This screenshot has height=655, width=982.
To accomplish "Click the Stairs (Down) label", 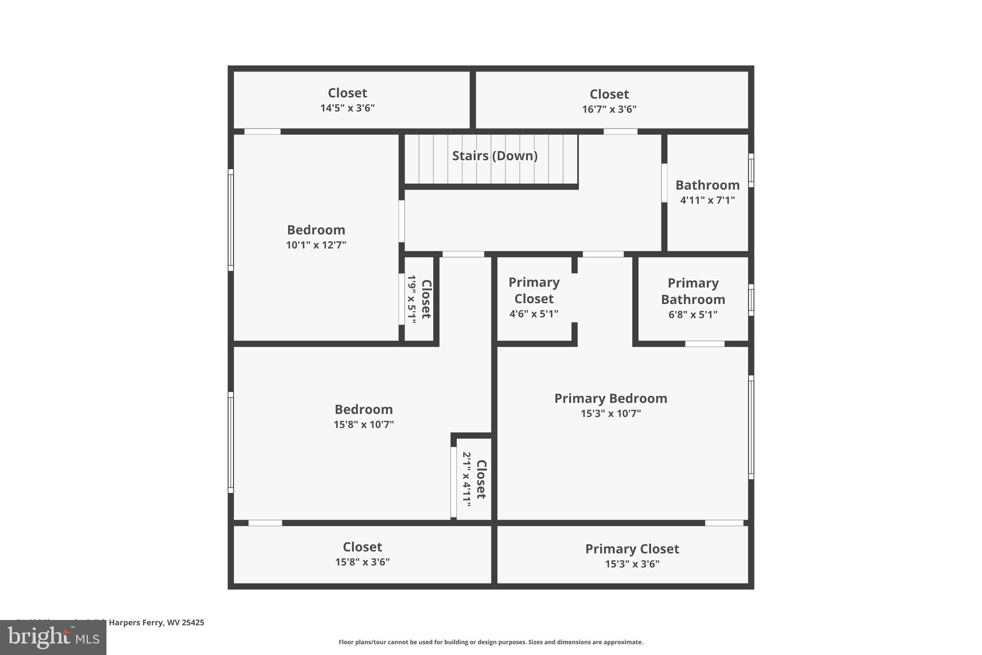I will [494, 156].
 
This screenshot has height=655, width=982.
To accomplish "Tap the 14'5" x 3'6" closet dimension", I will [347, 108].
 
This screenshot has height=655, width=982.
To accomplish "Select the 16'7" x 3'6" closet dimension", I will [609, 109].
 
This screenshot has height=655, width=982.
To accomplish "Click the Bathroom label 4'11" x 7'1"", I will [707, 192].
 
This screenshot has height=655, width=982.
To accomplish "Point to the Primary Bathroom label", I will [693, 291].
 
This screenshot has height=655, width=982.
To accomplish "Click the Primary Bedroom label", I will [610, 398].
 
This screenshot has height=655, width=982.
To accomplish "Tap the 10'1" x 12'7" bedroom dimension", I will [316, 245].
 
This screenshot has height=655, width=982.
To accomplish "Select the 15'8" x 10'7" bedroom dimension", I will [363, 425].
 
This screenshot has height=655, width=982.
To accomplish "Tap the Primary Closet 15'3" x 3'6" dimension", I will [632, 564].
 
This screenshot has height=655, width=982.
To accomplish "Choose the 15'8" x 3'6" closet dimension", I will [362, 562].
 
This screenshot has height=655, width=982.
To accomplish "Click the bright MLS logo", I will [53, 637].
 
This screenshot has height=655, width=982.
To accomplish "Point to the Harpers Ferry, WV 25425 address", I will [156, 622].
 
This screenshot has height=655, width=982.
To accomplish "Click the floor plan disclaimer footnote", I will [491, 642].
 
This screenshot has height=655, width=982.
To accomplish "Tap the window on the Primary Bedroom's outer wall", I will [751, 427].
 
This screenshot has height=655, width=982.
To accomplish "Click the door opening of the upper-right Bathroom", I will [664, 183].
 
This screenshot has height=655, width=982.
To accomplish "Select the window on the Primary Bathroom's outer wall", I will [751, 300].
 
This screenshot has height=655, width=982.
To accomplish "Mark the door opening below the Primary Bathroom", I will [704, 344].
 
